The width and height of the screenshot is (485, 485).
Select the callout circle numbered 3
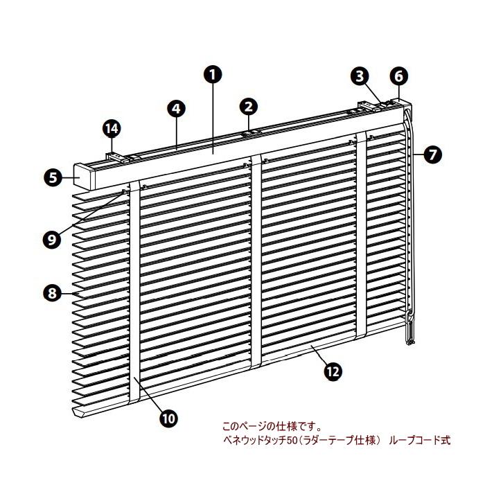coord(359,76)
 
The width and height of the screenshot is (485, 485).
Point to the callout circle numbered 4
coord(177,108)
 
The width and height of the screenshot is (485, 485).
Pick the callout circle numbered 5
coord(51,177)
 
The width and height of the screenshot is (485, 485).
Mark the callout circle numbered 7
coord(433,155)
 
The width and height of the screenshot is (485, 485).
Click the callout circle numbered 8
coord(51,293)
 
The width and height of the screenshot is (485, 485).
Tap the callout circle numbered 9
coord(51,239)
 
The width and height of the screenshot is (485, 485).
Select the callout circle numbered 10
coord(168,417)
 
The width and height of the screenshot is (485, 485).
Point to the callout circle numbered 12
coord(333,371)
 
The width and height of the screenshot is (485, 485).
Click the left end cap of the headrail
coord(89,177)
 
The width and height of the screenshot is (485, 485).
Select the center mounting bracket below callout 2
coord(251,131)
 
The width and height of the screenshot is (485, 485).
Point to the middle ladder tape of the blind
coord(256,263)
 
